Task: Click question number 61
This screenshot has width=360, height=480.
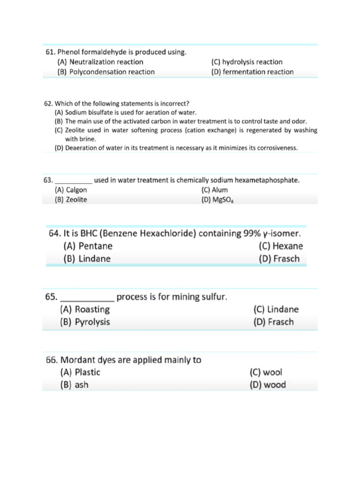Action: pyautogui.click(x=51, y=52)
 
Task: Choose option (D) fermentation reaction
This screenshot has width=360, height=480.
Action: pyautogui.click(x=252, y=72)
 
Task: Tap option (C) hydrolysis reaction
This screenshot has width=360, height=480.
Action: pyautogui.click(x=247, y=62)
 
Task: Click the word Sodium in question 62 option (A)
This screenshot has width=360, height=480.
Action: pyautogui.click(x=75, y=112)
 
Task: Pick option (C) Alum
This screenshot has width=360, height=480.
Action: pyautogui.click(x=215, y=190)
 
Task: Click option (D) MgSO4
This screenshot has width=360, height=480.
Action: pyautogui.click(x=217, y=200)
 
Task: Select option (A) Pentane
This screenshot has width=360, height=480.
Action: pyautogui.click(x=88, y=246)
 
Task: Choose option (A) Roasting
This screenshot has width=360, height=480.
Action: pyautogui.click(x=85, y=309)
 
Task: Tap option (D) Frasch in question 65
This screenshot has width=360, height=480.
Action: pyautogui.click(x=274, y=322)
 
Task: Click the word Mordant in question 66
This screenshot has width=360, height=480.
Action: pyautogui.click(x=75, y=360)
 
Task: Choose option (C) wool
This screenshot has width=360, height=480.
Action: pyautogui.click(x=266, y=373)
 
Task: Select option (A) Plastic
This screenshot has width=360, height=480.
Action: pyautogui.click(x=80, y=373)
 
